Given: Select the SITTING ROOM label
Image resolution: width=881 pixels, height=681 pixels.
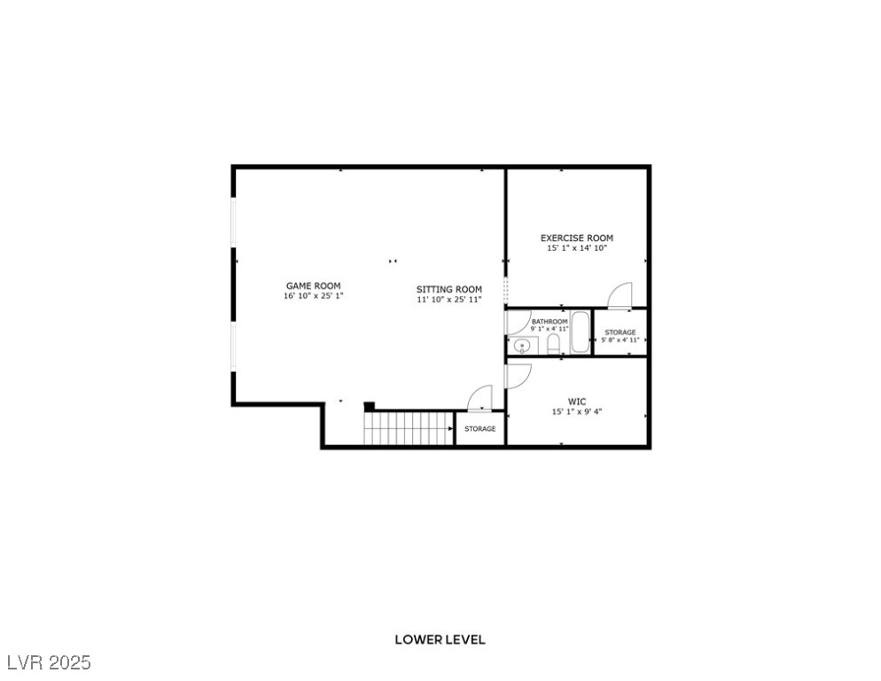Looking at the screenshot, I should pyautogui.click(x=449, y=289).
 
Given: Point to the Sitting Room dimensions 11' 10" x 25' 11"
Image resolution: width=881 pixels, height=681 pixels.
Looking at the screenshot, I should pyautogui.click(x=449, y=300).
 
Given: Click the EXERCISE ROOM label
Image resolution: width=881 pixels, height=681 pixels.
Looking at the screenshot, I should pyautogui.click(x=577, y=238).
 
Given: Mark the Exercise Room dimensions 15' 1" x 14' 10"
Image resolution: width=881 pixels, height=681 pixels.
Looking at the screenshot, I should pyautogui.click(x=577, y=248).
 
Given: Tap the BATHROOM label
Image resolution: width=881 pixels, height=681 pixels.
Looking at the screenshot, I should pyautogui.click(x=550, y=321).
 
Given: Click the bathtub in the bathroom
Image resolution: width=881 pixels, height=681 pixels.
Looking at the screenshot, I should pyautogui.click(x=581, y=333).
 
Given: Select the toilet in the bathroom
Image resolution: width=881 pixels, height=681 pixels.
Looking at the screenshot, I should pyautogui.click(x=554, y=346).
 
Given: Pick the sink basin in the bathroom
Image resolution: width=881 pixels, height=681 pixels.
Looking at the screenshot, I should pyautogui.click(x=521, y=346).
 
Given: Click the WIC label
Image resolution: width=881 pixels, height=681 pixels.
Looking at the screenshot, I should pyautogui.click(x=577, y=402).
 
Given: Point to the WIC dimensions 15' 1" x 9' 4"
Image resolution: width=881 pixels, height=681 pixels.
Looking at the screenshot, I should pyautogui.click(x=577, y=412).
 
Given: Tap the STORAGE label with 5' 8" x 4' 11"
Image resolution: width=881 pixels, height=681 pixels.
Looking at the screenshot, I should pyautogui.click(x=620, y=333).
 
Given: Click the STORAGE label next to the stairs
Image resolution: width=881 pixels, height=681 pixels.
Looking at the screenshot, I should pyautogui.click(x=480, y=429).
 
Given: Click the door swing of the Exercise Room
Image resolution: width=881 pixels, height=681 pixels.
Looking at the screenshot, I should pyautogui.click(x=620, y=295).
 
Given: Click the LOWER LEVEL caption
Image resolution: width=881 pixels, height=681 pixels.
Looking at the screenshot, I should pyautogui.click(x=440, y=639).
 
